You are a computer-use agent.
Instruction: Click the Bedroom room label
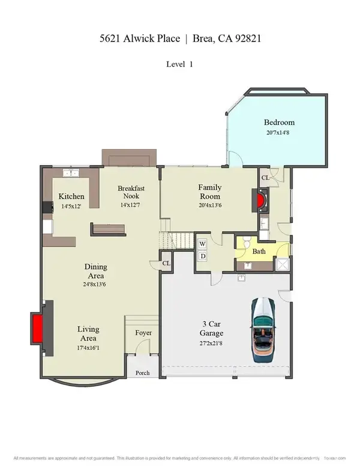[281, 123]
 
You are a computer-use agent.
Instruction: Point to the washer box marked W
[203, 244]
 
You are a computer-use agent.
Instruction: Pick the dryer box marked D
[203, 256]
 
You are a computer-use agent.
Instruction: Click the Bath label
[259, 251]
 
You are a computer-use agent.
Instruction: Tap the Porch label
[142, 373]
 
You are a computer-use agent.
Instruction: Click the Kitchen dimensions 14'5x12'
[71, 206]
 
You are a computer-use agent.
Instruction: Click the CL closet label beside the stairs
[166, 263]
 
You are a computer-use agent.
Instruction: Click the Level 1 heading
[180, 63]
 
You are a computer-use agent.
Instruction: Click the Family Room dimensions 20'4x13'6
[209, 205]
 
